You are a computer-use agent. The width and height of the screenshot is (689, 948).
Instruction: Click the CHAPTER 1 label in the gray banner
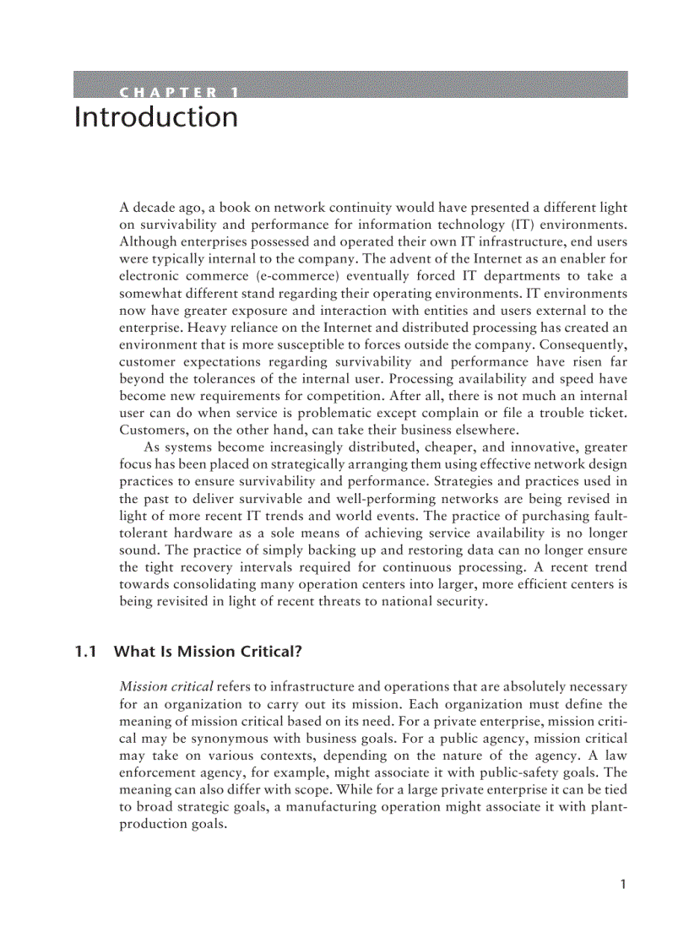coord(178,92)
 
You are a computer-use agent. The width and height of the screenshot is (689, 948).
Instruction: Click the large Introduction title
coord(156,117)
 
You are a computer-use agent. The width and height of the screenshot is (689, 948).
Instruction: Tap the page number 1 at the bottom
coord(622,884)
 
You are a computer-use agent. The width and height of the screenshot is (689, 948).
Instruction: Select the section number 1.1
coord(86,651)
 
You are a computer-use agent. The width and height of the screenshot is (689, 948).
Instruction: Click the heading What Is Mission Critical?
coord(208,651)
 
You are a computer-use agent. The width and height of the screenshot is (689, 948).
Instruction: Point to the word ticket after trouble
coord(605,412)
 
